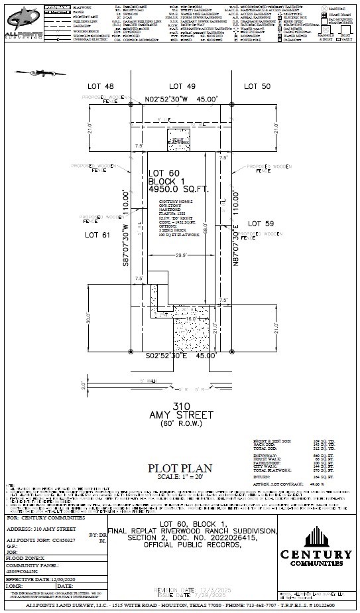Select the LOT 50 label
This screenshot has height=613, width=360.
[258, 86]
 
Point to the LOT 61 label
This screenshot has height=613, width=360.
[99, 235]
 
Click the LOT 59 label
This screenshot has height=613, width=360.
[261, 225]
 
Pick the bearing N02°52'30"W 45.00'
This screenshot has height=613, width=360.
[190, 98]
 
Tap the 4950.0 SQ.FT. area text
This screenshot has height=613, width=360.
[178, 189]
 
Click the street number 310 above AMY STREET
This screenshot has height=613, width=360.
[182, 405]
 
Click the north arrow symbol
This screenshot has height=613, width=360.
[36, 72]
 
